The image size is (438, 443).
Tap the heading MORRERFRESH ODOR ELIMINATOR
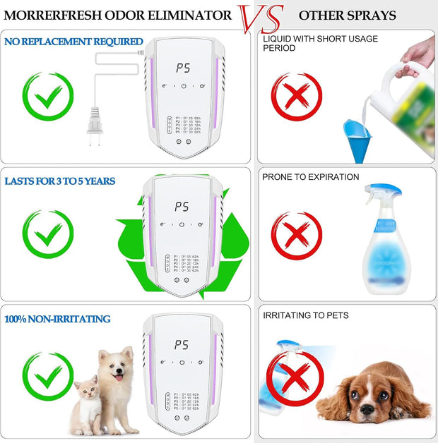pyautogui.click(x=119, y=15)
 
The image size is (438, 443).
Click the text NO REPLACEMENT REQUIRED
pyautogui.click(x=73, y=42)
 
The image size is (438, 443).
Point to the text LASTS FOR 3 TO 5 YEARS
pyautogui.click(x=60, y=181)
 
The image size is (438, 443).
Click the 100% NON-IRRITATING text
pyautogui.click(x=57, y=319)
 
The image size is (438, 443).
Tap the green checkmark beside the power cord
pyautogui.click(x=48, y=97)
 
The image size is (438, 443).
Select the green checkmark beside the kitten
pyautogui.click(x=48, y=376)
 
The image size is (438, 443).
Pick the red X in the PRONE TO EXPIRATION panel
pyautogui.click(x=297, y=236)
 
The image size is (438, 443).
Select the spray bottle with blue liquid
pyautogui.click(x=386, y=240)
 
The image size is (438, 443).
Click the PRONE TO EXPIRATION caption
pyautogui.click(x=311, y=177)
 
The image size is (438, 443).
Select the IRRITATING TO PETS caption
pyautogui.click(x=306, y=315)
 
